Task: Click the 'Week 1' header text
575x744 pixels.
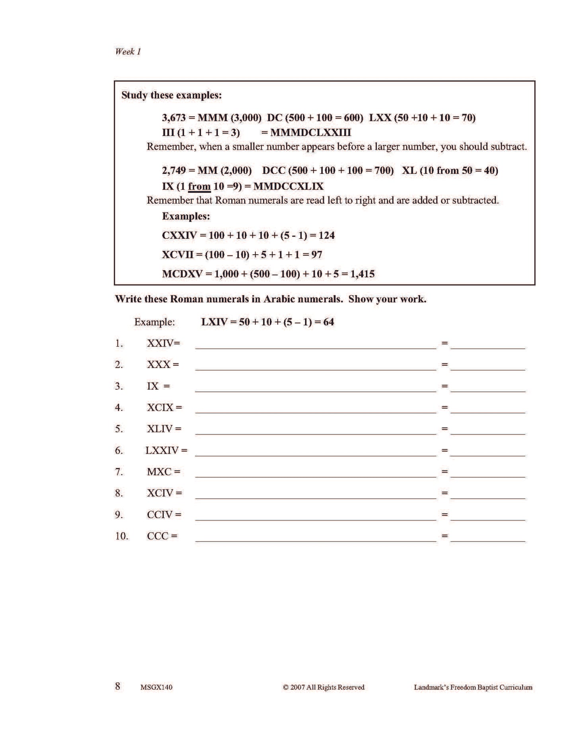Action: point(128,51)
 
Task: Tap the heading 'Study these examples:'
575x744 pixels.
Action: point(172,95)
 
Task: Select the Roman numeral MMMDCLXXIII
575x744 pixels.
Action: point(310,132)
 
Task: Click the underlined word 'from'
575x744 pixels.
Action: point(199,187)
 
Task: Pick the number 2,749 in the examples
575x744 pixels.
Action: point(173,171)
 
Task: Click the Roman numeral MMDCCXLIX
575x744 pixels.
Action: point(288,187)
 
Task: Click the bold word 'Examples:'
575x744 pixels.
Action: point(186,216)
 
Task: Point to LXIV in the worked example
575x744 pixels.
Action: point(214,322)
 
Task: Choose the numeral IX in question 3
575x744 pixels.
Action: point(153,386)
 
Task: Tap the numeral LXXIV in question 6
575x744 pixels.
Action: point(162,450)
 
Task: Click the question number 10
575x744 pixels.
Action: point(122,536)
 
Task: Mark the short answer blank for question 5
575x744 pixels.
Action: point(487,430)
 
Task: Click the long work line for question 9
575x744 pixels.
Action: point(316,516)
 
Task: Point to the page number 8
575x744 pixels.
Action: point(118,686)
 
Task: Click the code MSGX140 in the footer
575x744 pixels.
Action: point(156,687)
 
